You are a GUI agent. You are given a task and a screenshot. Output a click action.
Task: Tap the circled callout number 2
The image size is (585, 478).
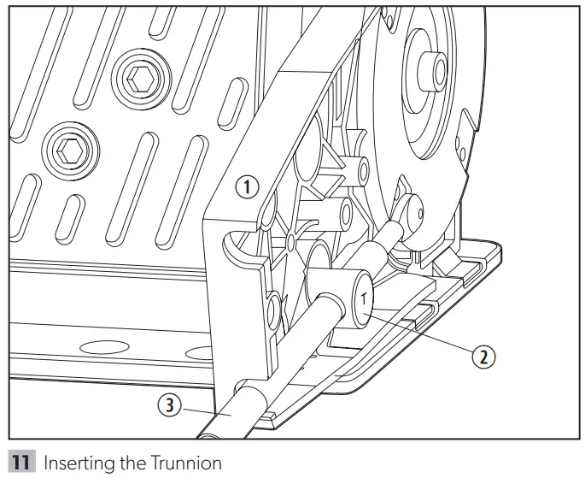click(483, 357)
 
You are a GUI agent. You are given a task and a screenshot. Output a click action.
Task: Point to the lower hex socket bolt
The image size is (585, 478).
click(67, 150)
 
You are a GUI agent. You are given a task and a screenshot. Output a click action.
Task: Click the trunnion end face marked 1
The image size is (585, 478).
click(363, 299)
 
